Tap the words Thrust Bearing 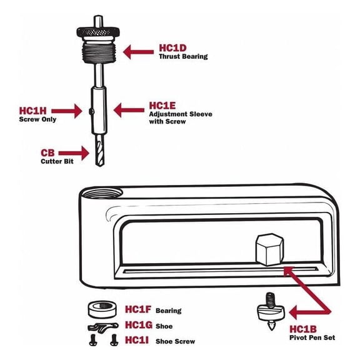[182, 57]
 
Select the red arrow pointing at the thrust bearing [138, 51]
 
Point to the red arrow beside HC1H [70, 111]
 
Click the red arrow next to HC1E [127, 111]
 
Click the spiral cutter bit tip [100, 154]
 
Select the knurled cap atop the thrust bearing [100, 31]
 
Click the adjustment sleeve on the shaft [100, 109]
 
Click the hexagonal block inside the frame [270, 248]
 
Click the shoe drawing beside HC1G [101, 327]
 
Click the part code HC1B [303, 329]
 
